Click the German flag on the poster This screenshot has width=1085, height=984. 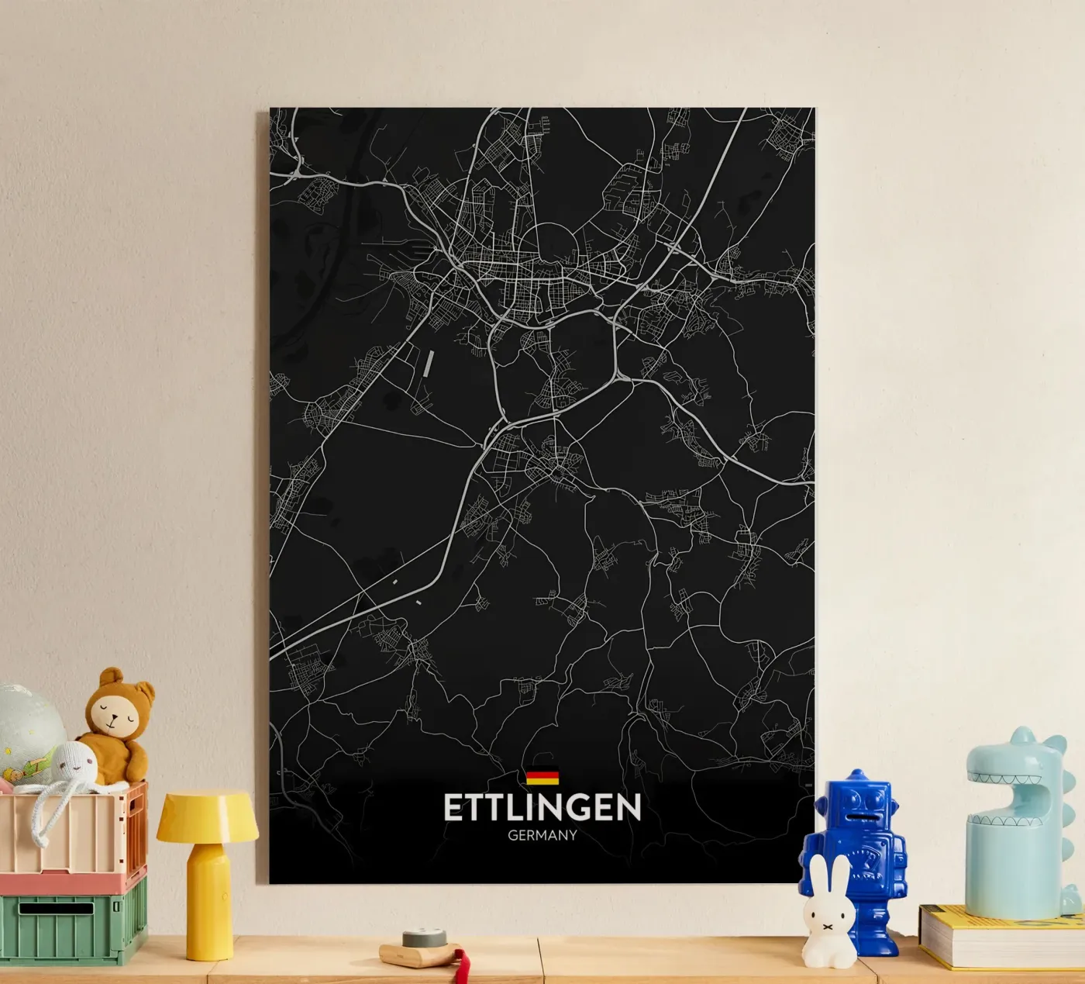[542, 776]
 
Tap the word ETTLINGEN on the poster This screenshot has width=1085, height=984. [542, 807]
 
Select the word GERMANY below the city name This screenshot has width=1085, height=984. [542, 836]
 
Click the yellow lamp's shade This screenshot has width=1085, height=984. [207, 816]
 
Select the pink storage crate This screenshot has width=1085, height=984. [74, 837]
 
